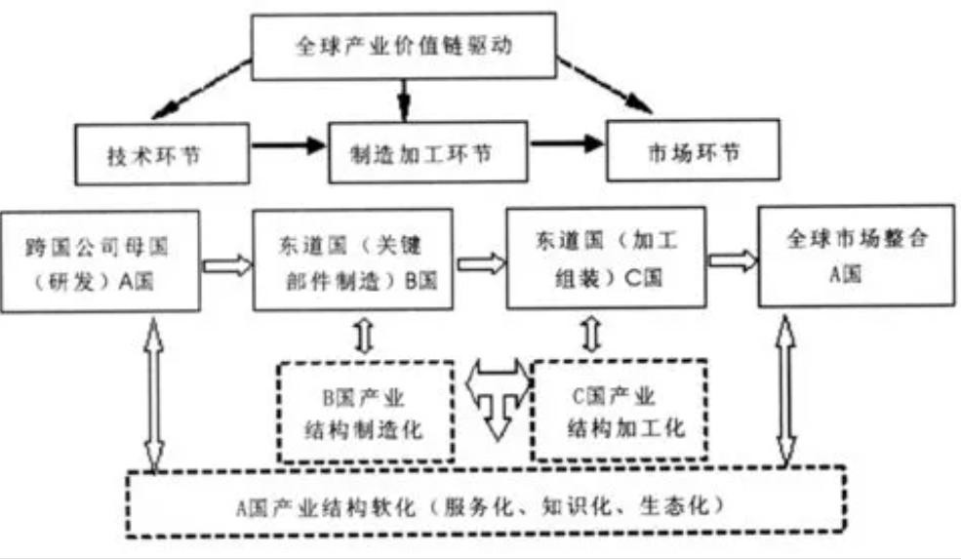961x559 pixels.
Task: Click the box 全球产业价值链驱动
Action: click(x=404, y=44)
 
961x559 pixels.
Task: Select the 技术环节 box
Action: click(x=153, y=153)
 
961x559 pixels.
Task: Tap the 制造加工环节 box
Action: click(x=426, y=152)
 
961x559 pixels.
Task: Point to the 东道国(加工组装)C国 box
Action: click(x=606, y=259)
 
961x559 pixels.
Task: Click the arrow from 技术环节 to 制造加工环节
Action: click(x=289, y=146)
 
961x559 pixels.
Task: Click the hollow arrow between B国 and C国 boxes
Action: click(x=481, y=262)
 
